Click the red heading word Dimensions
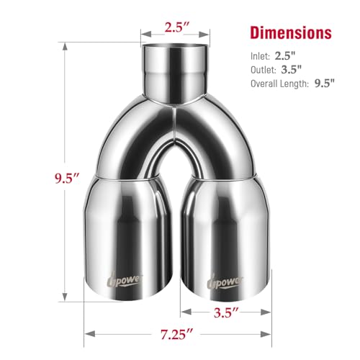coord(291,32)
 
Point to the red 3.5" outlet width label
coord(226,312)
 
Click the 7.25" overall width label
coord(176,334)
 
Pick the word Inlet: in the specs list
coord(260,56)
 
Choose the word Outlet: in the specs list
coord(264,70)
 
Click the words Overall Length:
coord(279,84)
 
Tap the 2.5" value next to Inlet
coord(285,56)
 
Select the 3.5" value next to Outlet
coord(291,70)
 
